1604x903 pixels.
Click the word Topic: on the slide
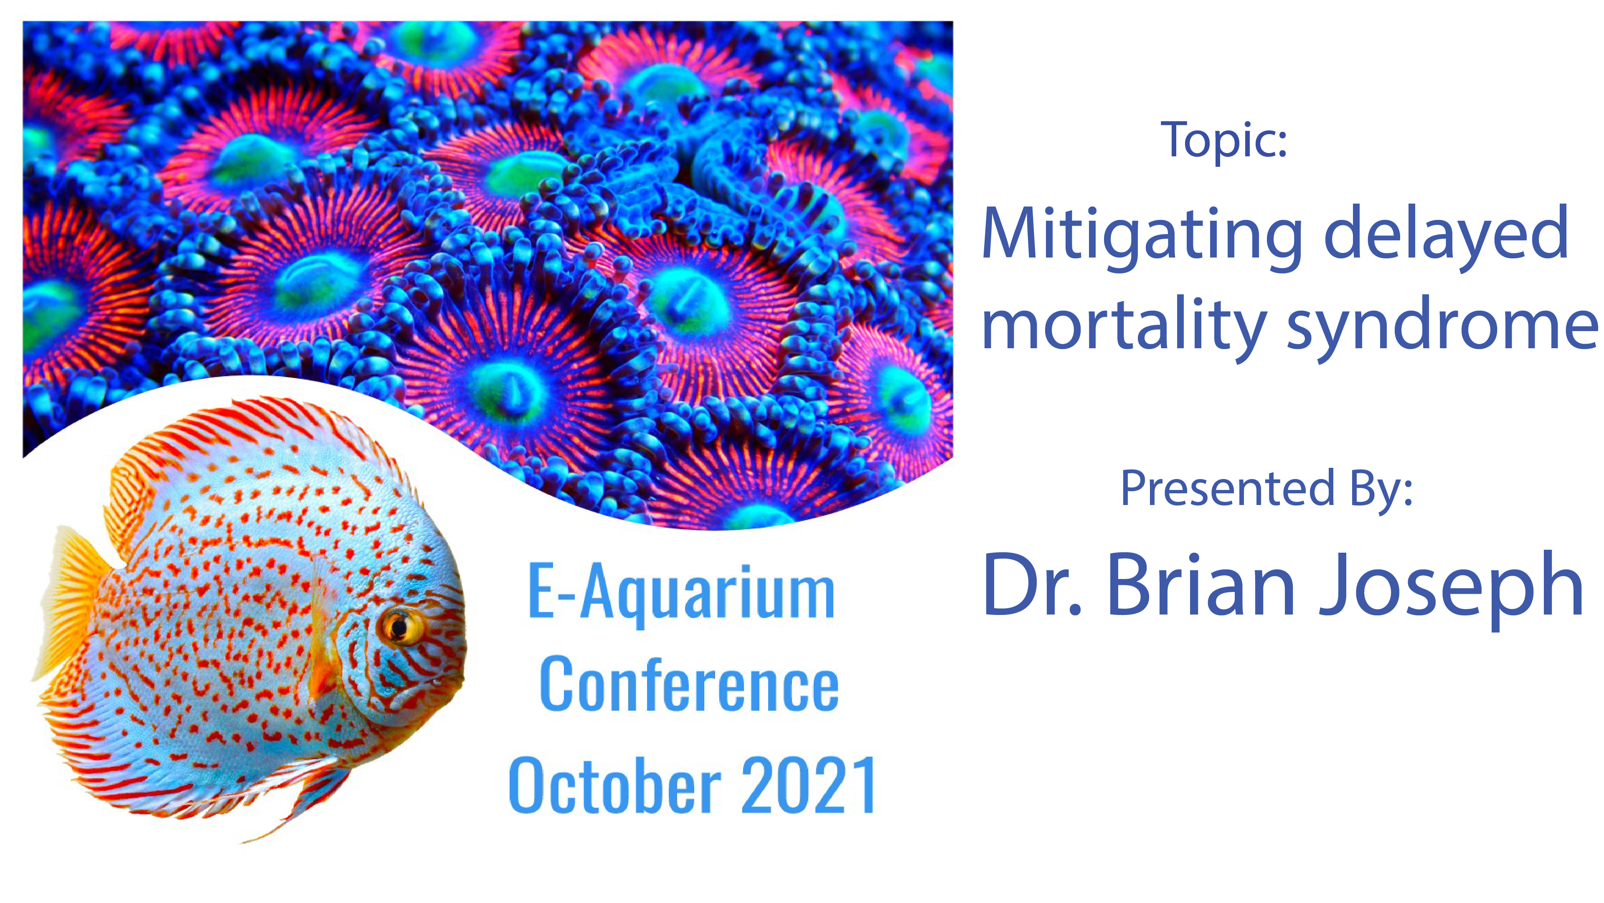[1223, 140]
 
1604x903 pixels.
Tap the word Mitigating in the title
[1142, 234]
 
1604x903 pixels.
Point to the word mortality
[1124, 327]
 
